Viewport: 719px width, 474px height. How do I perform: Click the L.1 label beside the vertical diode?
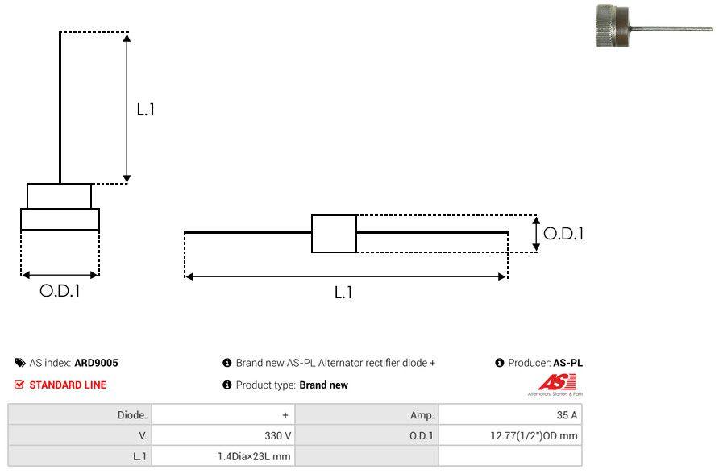(145, 110)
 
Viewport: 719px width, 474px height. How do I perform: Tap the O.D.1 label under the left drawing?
(60, 291)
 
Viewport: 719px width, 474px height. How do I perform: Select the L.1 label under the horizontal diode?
(343, 293)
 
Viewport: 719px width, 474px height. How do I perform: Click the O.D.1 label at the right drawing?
(563, 234)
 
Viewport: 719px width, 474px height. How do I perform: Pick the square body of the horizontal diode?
(334, 234)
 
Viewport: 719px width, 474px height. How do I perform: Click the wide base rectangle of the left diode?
(60, 219)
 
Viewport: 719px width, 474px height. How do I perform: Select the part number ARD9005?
(96, 363)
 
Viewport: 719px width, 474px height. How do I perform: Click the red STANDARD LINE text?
(68, 385)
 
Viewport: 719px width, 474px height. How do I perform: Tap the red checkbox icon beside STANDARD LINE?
(19, 385)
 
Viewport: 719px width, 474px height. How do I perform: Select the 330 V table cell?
(277, 435)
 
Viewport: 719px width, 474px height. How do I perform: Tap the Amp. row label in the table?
(422, 414)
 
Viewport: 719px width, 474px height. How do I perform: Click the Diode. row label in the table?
(132, 414)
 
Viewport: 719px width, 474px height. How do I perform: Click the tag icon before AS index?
(19, 363)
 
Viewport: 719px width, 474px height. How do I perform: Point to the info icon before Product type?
(227, 385)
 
